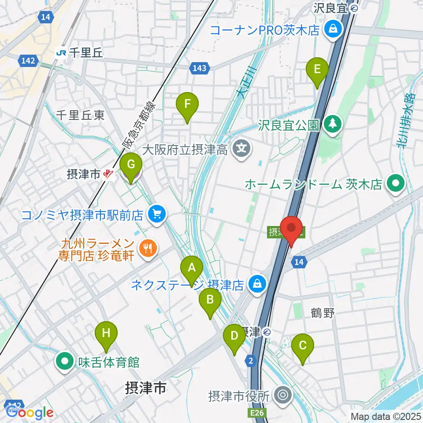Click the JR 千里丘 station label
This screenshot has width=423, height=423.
click(x=79, y=53)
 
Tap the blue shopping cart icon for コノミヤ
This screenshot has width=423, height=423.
click(x=156, y=215)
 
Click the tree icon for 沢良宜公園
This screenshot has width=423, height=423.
click(x=333, y=124)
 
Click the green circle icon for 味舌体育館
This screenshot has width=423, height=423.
click(x=65, y=362)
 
